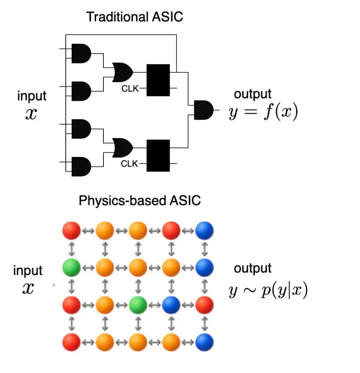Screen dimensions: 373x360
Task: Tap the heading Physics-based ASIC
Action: [139, 201]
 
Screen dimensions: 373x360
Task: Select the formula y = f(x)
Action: [264, 113]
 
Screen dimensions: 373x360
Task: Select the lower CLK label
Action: [129, 164]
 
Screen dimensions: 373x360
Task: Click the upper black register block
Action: [158, 80]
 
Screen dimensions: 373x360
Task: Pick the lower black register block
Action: [158, 155]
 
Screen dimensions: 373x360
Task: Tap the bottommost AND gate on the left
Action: [81, 167]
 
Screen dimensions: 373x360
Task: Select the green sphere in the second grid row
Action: [71, 268]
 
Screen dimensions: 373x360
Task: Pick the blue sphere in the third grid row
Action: [171, 305]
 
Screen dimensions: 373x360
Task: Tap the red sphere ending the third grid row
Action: [204, 305]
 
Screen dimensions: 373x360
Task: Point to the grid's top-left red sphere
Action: [71, 231]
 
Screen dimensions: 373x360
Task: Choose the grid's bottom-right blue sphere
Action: [204, 341]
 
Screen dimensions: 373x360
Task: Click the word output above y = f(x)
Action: [253, 94]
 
